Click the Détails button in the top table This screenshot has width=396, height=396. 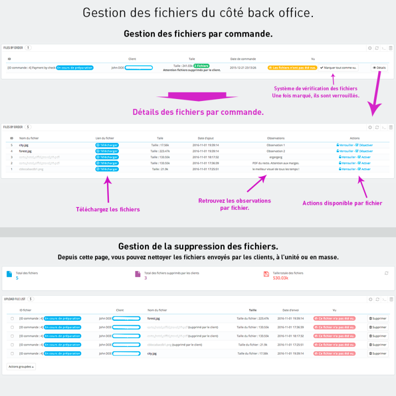pyautogui.click(x=379, y=67)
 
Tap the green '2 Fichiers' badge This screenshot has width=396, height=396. pyautogui.click(x=201, y=65)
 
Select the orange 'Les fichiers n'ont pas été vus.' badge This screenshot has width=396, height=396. pyautogui.click(x=292, y=67)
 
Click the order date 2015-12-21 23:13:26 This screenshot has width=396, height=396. pyautogui.click(x=243, y=67)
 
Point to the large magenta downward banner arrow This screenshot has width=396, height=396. pyautogui.click(x=198, y=96)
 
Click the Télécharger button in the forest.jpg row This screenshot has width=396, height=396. pyautogui.click(x=106, y=151)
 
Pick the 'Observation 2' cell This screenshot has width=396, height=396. pyautogui.click(x=276, y=151)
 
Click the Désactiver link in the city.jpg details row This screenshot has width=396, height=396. pyautogui.click(x=365, y=145)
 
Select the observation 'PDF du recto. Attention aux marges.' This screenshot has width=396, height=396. pyautogui.click(x=276, y=163)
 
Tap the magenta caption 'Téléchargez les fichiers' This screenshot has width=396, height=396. pyautogui.click(x=108, y=209)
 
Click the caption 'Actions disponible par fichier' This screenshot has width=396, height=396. pyautogui.click(x=343, y=203)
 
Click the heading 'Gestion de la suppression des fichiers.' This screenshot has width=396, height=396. pyautogui.click(x=198, y=246)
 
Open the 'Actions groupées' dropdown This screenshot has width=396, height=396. pyautogui.click(x=21, y=367)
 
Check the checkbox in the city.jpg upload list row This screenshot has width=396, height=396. pyautogui.click(x=12, y=353)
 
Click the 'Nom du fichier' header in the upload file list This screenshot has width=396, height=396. pyautogui.click(x=158, y=310)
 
